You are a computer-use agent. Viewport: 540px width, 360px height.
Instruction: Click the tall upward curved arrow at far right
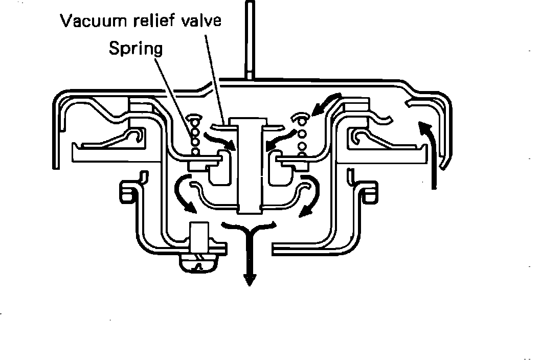pos(431,153)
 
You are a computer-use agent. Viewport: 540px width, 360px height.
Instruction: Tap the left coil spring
pos(195,136)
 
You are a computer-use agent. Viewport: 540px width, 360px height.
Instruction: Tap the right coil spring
pos(302,135)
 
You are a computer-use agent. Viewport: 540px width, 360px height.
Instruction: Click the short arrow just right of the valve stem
pos(279,139)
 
